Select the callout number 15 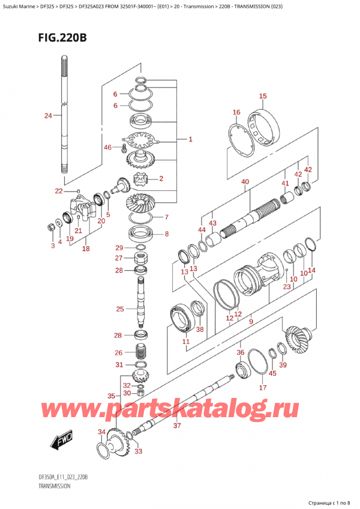(262, 96)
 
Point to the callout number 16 (236, 112)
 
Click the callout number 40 (245, 181)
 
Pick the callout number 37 (176, 426)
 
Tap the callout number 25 (120, 309)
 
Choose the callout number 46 (108, 146)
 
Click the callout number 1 (190, 139)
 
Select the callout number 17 (262, 388)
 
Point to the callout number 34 (101, 432)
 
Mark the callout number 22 (58, 191)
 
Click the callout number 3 (52, 245)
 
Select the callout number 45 (273, 373)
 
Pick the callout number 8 (167, 234)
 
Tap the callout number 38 (200, 329)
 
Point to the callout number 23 (286, 287)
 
